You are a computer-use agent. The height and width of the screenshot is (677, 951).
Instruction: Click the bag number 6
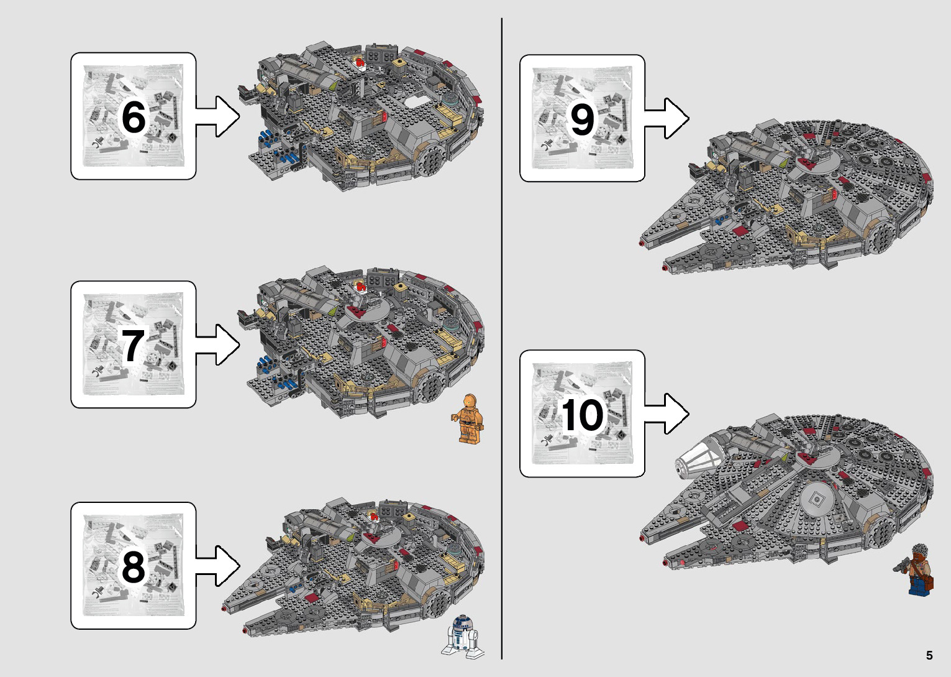click(x=134, y=117)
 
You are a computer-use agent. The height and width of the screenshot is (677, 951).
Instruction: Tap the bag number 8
click(x=134, y=566)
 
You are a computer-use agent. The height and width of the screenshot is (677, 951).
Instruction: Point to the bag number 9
click(x=582, y=119)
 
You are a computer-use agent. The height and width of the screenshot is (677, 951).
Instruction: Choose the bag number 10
click(x=582, y=415)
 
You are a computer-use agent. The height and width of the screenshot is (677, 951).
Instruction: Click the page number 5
click(x=929, y=655)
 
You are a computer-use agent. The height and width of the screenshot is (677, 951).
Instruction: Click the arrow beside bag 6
click(x=218, y=116)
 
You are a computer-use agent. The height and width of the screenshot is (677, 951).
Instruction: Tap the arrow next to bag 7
click(x=218, y=344)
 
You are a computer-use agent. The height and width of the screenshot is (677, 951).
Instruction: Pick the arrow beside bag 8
click(x=218, y=565)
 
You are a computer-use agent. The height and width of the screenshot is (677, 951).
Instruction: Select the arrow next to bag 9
click(x=667, y=118)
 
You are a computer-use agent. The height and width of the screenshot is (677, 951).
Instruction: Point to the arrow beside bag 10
click(x=667, y=413)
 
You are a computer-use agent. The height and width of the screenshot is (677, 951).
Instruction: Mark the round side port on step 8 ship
click(x=437, y=601)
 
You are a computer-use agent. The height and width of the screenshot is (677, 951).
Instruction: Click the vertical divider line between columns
click(x=502, y=339)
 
